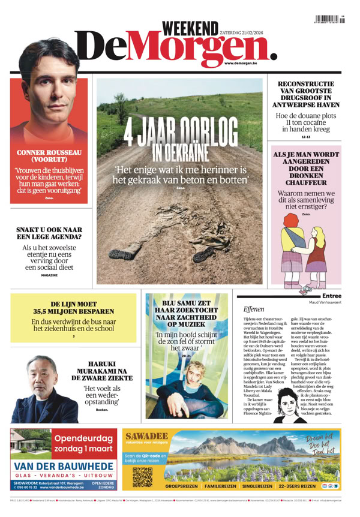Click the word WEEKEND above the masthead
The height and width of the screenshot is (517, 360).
point(190,28)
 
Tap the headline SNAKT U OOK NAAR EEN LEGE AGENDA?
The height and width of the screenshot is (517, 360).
point(49,232)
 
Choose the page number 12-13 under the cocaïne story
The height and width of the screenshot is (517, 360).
point(305,137)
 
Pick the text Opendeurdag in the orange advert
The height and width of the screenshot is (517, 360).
point(83,438)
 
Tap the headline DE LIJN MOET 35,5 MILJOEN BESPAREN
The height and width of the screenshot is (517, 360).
point(73,308)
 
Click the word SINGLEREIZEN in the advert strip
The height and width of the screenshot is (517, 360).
point(255,486)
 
